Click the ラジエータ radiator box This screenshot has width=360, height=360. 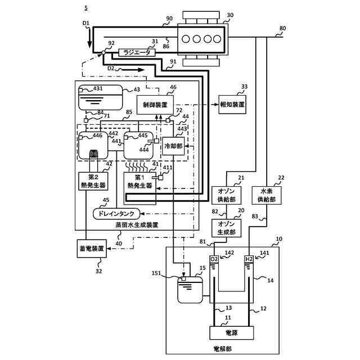137,52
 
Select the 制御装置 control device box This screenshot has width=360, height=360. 155,105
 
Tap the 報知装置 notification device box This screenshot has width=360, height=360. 232,105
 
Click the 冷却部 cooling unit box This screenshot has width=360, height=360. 173,146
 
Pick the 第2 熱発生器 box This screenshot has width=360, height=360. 93,181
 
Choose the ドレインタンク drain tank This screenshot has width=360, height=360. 116,214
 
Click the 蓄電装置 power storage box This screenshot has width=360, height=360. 92,249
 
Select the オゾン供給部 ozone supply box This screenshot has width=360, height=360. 226,195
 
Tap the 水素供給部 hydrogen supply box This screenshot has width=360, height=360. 267,195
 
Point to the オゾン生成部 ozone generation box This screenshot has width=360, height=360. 226,228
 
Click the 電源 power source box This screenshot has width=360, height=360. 232,332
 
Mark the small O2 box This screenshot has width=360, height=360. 214,259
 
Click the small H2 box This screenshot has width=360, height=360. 249,259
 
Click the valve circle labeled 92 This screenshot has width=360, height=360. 103,52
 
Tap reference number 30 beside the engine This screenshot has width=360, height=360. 230,15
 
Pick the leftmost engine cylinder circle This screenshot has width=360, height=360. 186,39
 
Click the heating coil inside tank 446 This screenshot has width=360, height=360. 93,154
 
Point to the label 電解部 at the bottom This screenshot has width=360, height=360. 223,349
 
